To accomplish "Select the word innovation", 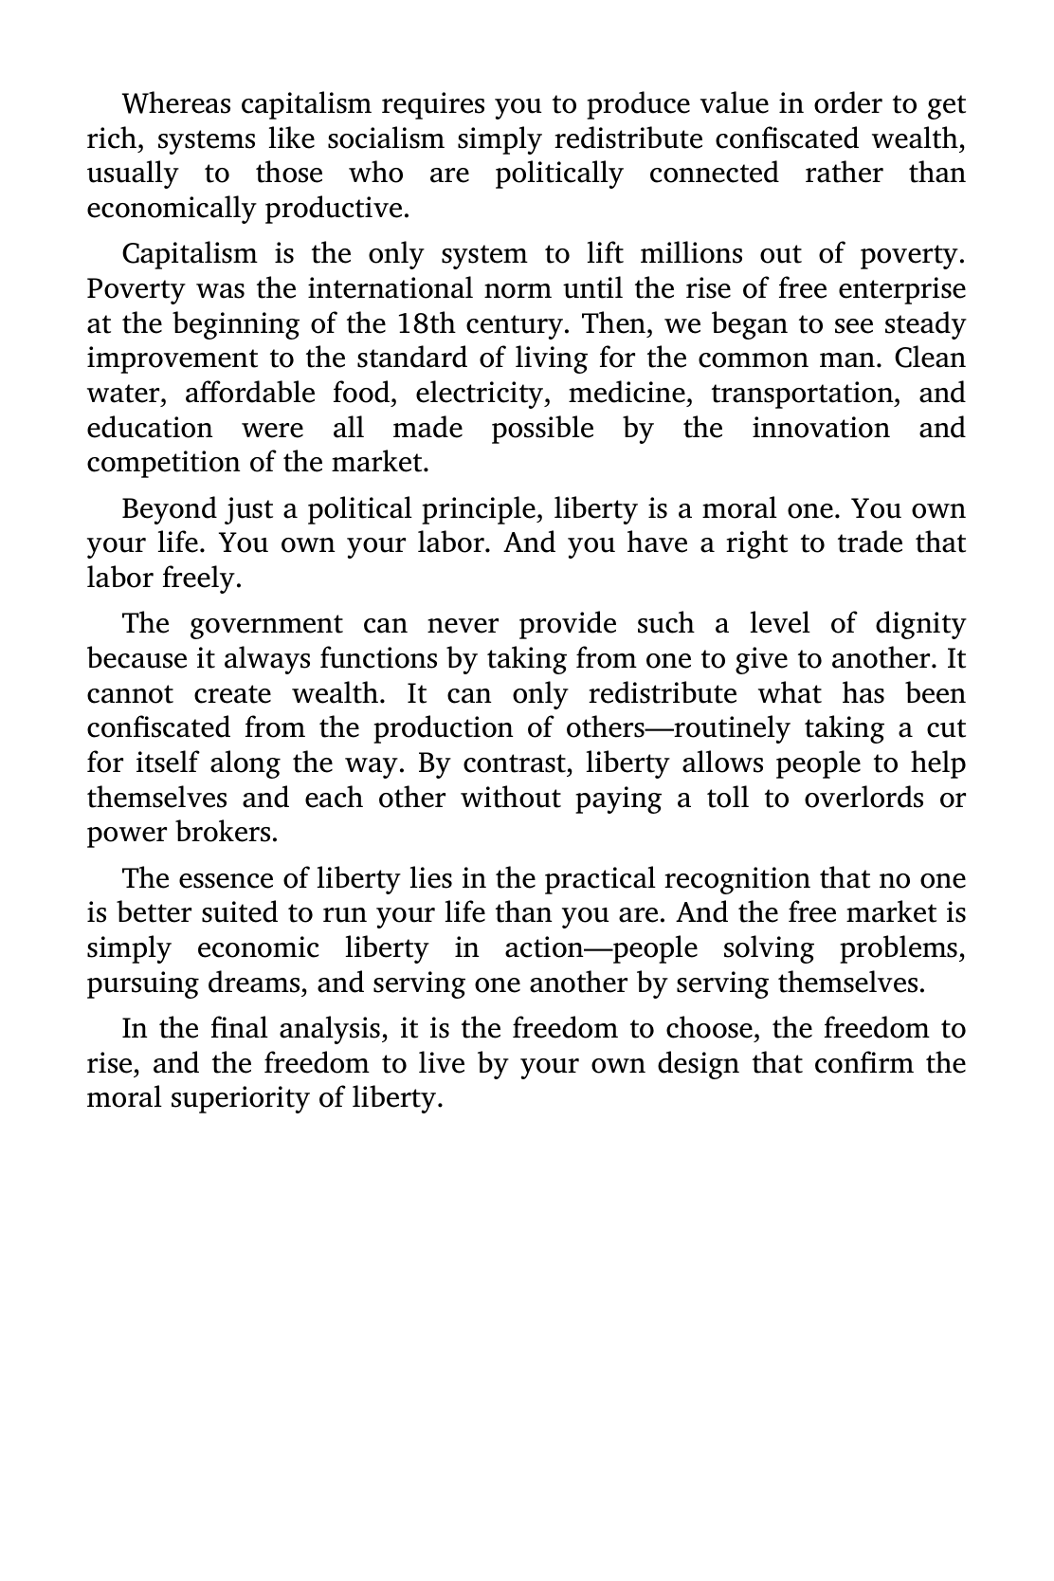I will (821, 428).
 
